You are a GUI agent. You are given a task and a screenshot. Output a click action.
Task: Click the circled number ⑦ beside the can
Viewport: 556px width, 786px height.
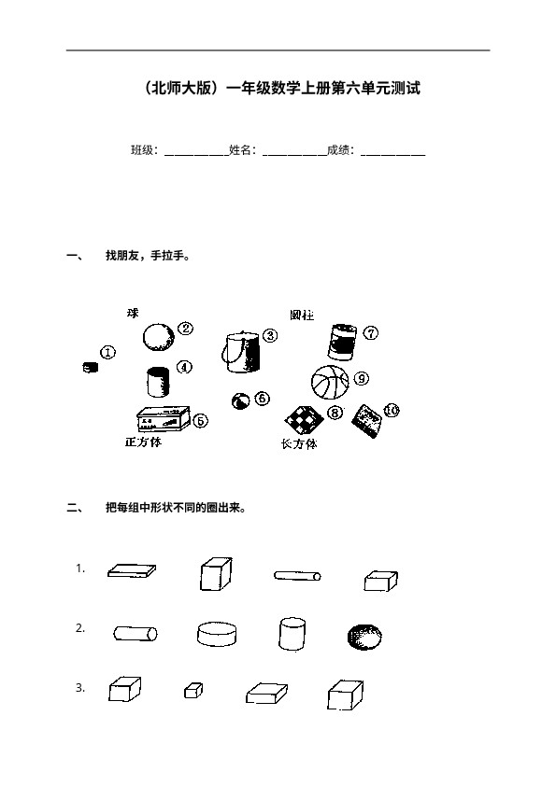[x=371, y=333]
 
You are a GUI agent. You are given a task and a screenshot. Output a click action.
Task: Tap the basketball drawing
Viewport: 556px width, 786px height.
[x=330, y=382]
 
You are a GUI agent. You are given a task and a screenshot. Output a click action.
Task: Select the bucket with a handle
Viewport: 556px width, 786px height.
[x=241, y=352]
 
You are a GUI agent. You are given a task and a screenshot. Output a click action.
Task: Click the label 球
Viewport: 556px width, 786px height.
[x=133, y=314]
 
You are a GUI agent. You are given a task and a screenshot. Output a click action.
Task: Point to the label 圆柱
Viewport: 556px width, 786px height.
[x=302, y=316]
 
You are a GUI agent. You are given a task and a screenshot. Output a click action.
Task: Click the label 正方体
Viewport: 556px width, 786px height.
[x=144, y=442]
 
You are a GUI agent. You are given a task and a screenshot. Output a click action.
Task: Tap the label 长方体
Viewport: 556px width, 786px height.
[x=299, y=444]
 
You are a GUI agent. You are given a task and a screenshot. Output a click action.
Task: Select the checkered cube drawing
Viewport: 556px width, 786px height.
[x=304, y=419]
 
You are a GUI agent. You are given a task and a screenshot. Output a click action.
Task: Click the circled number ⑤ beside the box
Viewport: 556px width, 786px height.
[x=200, y=421]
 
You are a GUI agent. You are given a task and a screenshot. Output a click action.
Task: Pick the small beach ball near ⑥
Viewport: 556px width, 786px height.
[x=240, y=401]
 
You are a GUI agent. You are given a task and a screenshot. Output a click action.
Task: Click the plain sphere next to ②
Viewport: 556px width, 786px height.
[x=159, y=337]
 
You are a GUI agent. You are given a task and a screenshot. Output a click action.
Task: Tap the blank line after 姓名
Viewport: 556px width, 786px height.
[x=294, y=155]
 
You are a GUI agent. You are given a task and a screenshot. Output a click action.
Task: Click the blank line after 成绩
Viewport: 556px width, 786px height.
[x=392, y=155]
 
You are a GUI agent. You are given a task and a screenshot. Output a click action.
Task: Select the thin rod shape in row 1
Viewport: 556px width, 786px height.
[x=297, y=575]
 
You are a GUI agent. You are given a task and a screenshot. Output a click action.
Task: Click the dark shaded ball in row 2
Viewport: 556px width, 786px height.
[x=364, y=638]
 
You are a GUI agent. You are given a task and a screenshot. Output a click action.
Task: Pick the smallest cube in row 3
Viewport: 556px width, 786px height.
[x=193, y=690]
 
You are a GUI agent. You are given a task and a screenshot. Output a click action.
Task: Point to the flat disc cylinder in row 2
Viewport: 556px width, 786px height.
[x=217, y=634]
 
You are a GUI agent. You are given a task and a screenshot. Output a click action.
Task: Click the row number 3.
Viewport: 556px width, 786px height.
[x=80, y=688]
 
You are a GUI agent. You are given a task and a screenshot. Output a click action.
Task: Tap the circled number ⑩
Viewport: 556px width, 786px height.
[x=392, y=411]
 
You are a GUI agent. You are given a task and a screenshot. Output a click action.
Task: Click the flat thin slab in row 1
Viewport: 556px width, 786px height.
[x=132, y=570]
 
